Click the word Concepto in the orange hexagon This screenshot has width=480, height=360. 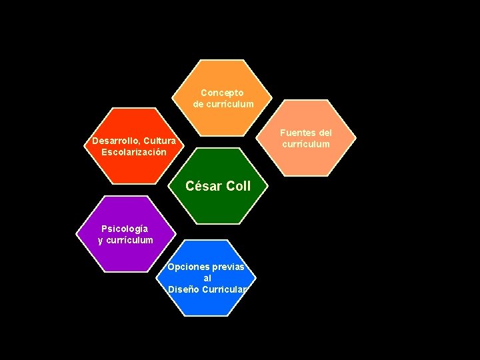[x=223, y=93]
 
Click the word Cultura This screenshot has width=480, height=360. [x=159, y=141]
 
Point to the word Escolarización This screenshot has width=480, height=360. [x=134, y=152]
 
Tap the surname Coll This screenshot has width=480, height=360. [x=238, y=187]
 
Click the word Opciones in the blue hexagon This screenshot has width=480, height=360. [x=187, y=267]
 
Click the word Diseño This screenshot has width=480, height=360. [x=181, y=289]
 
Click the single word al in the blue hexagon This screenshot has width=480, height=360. [x=207, y=278]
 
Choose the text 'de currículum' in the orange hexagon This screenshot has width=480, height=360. [x=223, y=104]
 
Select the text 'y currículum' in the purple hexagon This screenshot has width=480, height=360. [x=125, y=240]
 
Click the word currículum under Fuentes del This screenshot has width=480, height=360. [x=305, y=144]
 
